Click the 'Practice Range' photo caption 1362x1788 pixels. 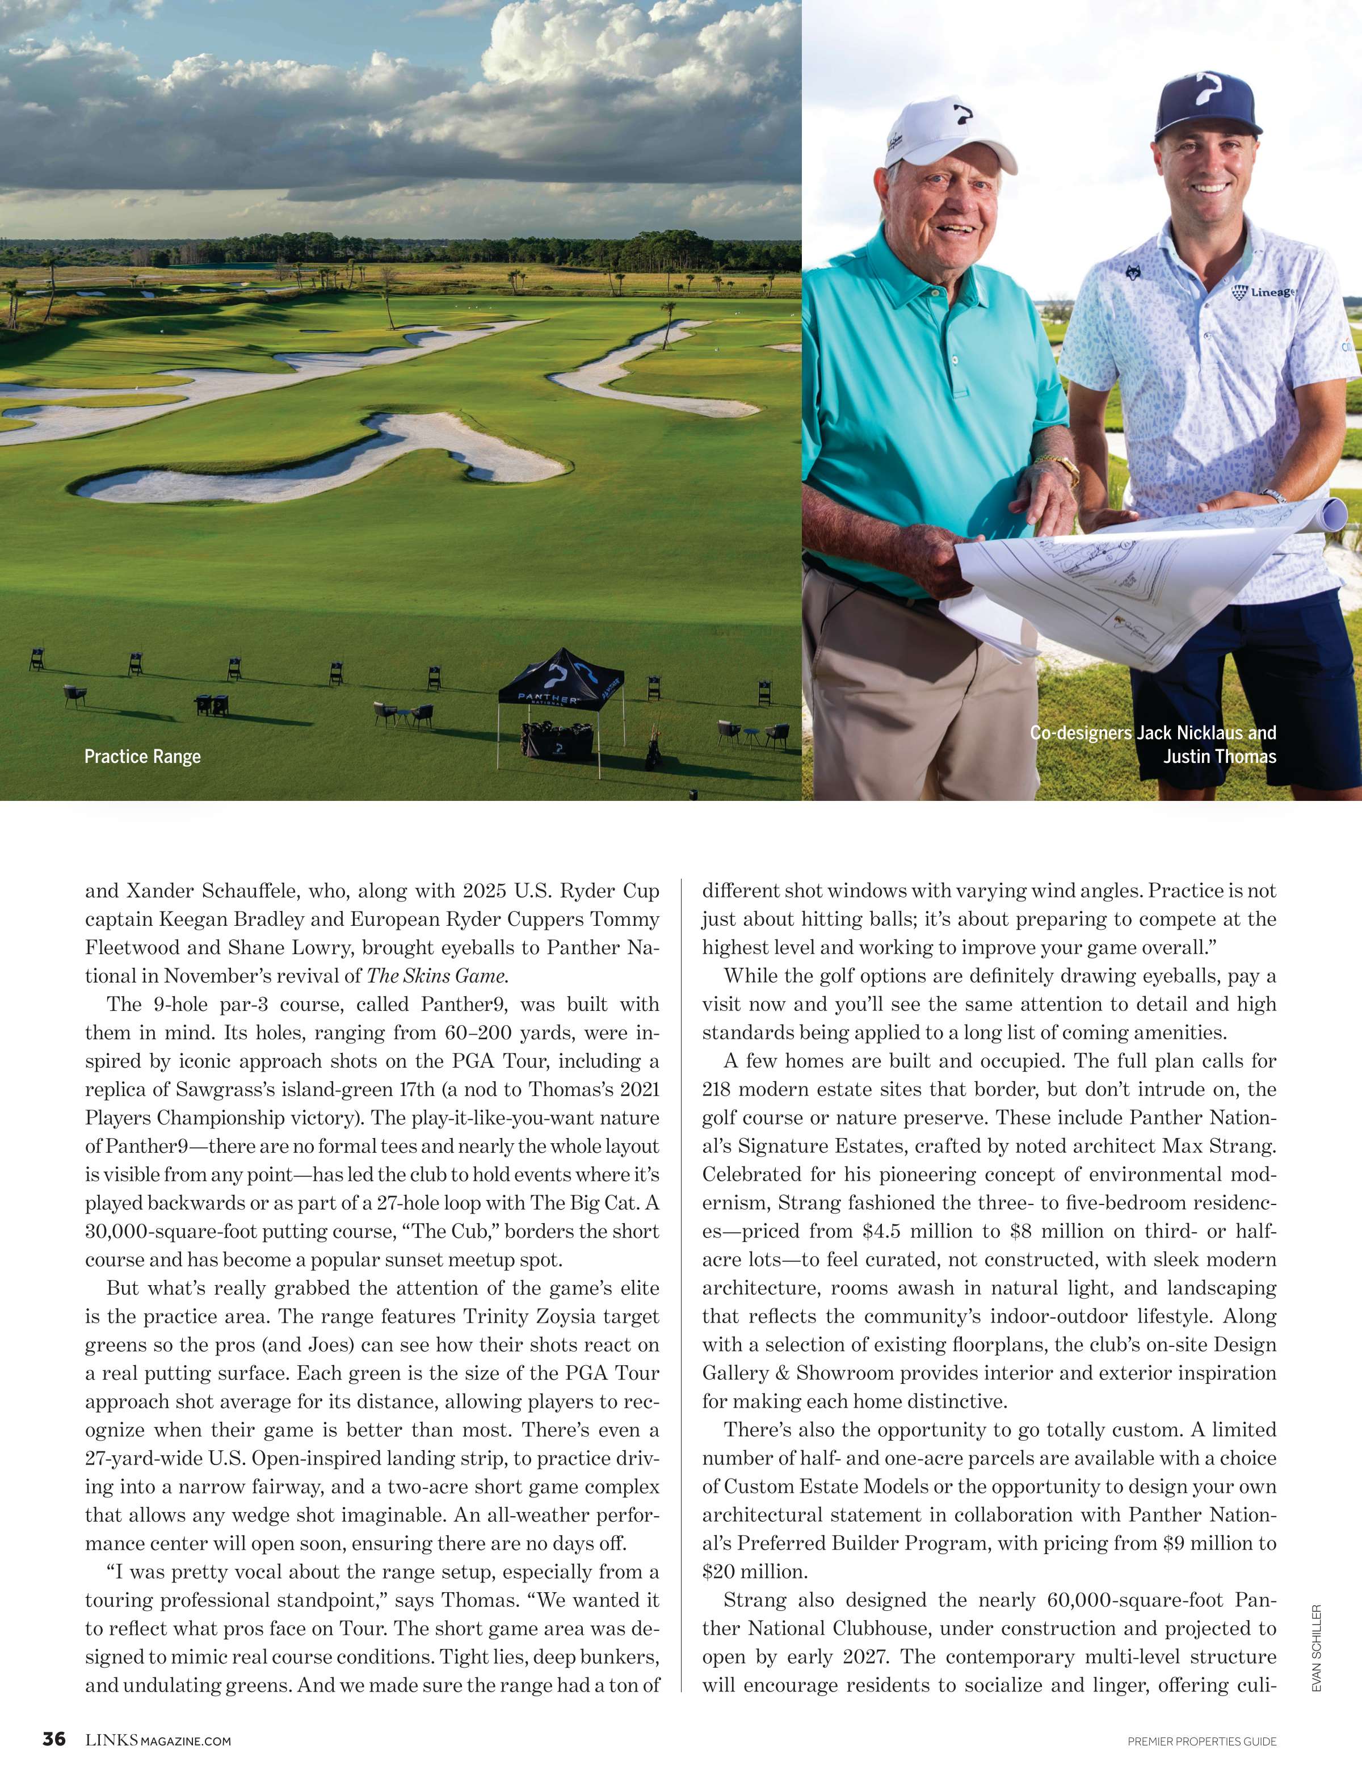142,757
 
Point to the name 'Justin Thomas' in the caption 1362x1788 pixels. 1220,757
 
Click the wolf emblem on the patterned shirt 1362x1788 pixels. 1133,273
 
